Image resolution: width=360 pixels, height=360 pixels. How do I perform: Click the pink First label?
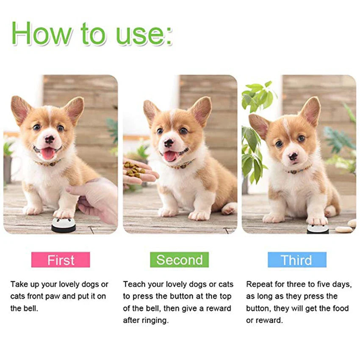pyautogui.click(x=61, y=260)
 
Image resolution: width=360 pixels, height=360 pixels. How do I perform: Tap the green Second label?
pyautogui.click(x=179, y=260)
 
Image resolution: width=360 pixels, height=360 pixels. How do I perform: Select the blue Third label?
pyautogui.click(x=296, y=260)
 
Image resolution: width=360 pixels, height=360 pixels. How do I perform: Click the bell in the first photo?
pyautogui.click(x=64, y=225)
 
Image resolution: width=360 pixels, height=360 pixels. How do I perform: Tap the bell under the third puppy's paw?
pyautogui.click(x=317, y=229)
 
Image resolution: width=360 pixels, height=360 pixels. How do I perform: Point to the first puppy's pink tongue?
pyautogui.click(x=47, y=153)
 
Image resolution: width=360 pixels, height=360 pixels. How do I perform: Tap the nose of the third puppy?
pyautogui.click(x=293, y=157)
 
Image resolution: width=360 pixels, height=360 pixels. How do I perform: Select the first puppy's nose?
pyautogui.click(x=50, y=139)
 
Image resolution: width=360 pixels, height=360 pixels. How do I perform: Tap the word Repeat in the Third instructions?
pyautogui.click(x=259, y=284)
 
